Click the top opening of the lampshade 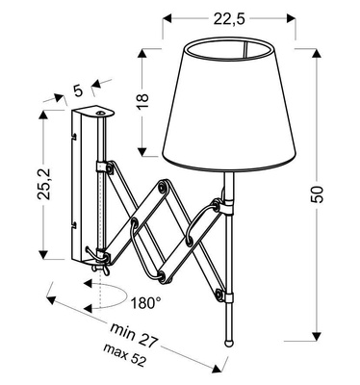click(x=228, y=46)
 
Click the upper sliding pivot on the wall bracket click(x=101, y=167)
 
